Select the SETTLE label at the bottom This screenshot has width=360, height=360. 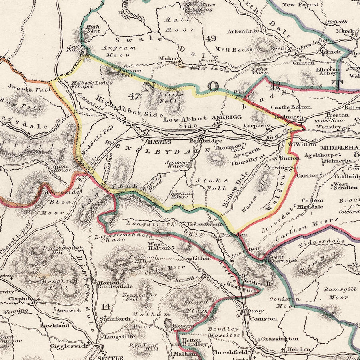pyautogui.click(x=112, y=357)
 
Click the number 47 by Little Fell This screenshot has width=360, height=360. pyautogui.click(x=134, y=96)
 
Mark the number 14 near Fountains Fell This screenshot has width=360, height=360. pyautogui.click(x=106, y=306)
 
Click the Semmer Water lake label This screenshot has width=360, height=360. pyautogui.click(x=176, y=164)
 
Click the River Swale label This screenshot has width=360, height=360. pyautogui.click(x=210, y=68)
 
